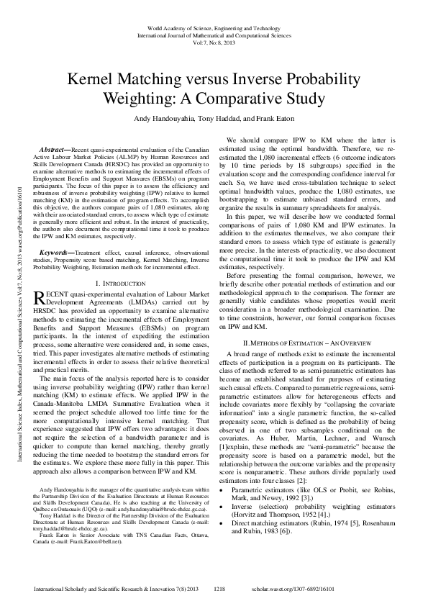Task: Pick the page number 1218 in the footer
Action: [x=220, y=589]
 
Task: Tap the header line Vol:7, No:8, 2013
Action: [x=214, y=42]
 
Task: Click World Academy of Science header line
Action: [x=214, y=26]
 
